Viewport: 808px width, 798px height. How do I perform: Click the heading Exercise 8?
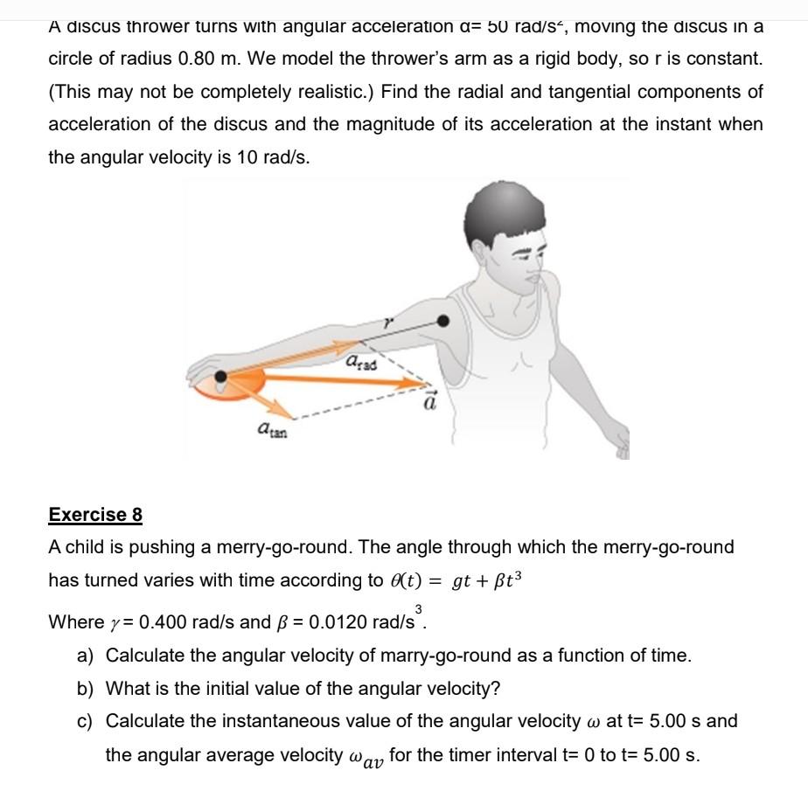tap(95, 514)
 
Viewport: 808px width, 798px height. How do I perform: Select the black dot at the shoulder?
tap(445, 321)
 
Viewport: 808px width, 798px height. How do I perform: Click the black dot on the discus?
tap(221, 378)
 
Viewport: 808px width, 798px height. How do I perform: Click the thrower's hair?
tap(498, 214)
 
